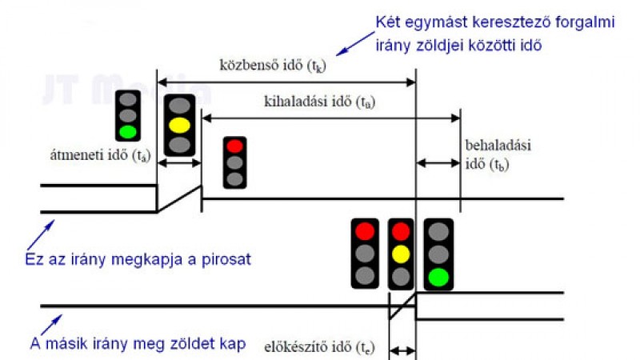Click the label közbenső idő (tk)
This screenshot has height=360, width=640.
click(273, 66)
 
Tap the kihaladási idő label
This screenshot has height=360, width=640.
click(319, 102)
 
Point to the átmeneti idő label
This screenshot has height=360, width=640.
click(101, 155)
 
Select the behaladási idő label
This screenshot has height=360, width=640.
click(498, 154)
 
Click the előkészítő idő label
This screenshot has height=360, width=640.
click(319, 347)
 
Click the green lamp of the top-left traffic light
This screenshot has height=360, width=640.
click(128, 132)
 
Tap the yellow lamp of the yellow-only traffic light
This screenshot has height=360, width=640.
click(179, 126)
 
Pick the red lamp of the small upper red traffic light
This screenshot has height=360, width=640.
click(234, 146)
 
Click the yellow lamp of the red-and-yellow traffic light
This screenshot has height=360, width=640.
click(401, 254)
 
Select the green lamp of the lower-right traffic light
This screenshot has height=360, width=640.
click(438, 277)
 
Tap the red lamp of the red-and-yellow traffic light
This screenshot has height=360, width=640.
click(401, 231)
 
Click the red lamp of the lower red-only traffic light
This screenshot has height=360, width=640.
click(365, 231)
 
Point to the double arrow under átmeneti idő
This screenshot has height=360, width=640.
click(179, 163)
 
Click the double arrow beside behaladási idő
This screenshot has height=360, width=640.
click(438, 163)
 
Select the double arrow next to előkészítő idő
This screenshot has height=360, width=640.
click(403, 350)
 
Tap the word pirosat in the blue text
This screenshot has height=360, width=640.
click(226, 260)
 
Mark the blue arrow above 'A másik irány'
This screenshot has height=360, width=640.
click(51, 325)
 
